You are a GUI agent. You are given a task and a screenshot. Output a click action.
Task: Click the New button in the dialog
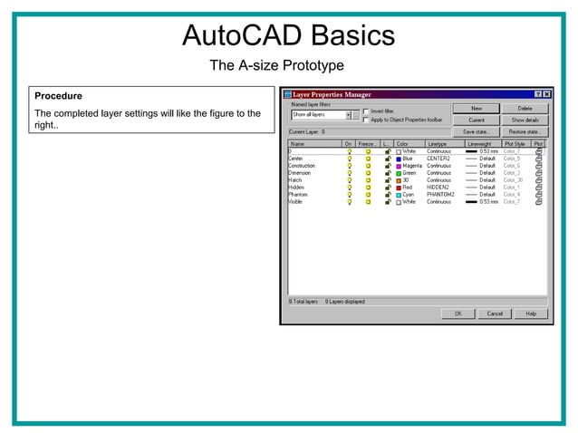[x=477, y=108]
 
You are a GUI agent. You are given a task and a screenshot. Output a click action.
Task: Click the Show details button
[x=525, y=120]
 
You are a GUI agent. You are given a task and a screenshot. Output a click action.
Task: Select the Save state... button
[x=477, y=131]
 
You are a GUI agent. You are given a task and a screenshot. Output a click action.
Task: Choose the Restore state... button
[x=525, y=131]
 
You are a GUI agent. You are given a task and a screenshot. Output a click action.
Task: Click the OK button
[x=458, y=313]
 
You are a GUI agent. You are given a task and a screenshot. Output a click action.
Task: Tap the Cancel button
[x=495, y=313]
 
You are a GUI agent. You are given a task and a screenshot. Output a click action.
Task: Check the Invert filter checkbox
[x=365, y=111]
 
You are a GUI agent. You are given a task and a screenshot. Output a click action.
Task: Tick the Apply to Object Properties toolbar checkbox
[x=365, y=120]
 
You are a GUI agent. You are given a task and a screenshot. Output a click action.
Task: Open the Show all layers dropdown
[x=349, y=115]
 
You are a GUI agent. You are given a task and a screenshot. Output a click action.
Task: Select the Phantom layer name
[x=298, y=194]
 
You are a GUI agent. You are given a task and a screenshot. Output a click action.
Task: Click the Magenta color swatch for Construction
[x=399, y=166]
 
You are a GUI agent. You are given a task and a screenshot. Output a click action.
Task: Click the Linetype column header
[x=438, y=143]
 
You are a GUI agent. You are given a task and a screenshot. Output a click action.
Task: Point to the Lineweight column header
[x=480, y=143]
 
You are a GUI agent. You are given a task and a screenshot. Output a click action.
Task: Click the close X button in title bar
[x=547, y=94]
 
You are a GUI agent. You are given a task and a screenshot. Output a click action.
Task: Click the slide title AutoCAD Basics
[x=288, y=35]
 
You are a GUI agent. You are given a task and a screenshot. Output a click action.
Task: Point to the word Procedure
[x=58, y=96]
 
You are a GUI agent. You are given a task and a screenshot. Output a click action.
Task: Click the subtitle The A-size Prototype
[x=276, y=65]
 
